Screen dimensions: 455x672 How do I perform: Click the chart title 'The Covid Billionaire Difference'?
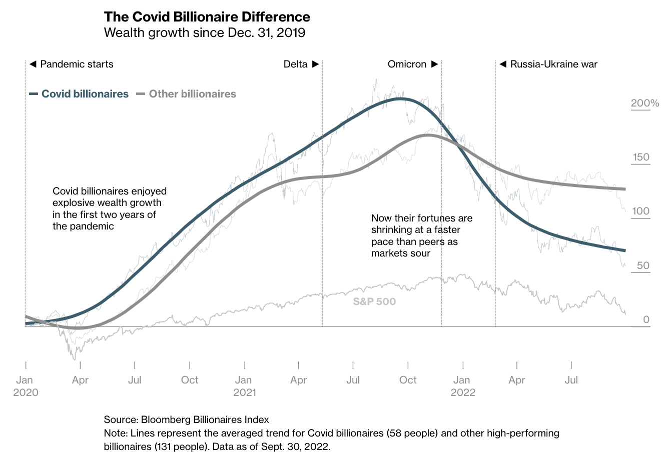pyautogui.click(x=207, y=17)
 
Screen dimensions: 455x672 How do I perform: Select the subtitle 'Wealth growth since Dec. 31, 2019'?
pyautogui.click(x=204, y=33)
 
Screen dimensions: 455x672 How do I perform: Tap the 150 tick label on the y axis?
pyautogui.click(x=641, y=157)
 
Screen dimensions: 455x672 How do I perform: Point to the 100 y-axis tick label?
pyautogui.click(x=641, y=211)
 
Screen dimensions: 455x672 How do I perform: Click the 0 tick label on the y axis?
pyautogui.click(x=646, y=319)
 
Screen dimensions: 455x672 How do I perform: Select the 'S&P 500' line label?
pyautogui.click(x=374, y=301)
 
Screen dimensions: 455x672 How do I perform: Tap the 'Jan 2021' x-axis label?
pyautogui.click(x=244, y=385)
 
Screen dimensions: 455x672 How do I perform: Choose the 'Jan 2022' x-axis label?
pyautogui.click(x=463, y=385)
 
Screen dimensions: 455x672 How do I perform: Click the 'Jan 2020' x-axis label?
pyautogui.click(x=26, y=385)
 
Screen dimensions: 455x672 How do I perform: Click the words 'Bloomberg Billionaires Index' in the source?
pyautogui.click(x=205, y=419)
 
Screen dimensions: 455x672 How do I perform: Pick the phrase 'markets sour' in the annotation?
pyautogui.click(x=400, y=253)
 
